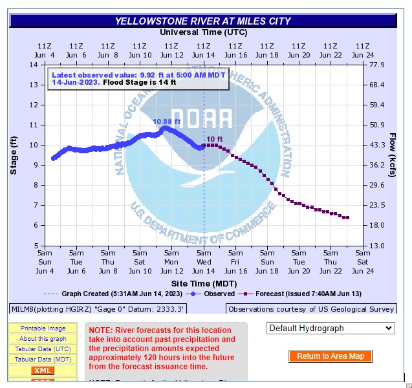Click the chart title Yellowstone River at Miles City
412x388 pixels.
(x=202, y=21)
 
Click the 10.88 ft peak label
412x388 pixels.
(x=166, y=121)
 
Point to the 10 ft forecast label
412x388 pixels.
(x=215, y=139)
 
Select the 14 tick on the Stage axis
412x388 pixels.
(x=32, y=65)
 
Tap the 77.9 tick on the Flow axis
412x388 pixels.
(x=377, y=65)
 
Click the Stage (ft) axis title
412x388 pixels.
(x=14, y=155)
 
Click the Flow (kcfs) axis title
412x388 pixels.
(x=393, y=155)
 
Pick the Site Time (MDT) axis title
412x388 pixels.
(x=203, y=283)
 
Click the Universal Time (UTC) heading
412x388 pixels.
(x=202, y=32)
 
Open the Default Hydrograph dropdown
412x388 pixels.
(x=330, y=329)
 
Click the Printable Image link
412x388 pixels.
(x=43, y=329)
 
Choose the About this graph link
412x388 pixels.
(x=43, y=339)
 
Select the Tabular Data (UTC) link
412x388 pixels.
(x=43, y=349)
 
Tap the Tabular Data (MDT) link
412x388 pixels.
(x=43, y=360)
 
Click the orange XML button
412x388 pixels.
(x=43, y=371)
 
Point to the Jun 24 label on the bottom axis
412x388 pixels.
(x=362, y=270)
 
